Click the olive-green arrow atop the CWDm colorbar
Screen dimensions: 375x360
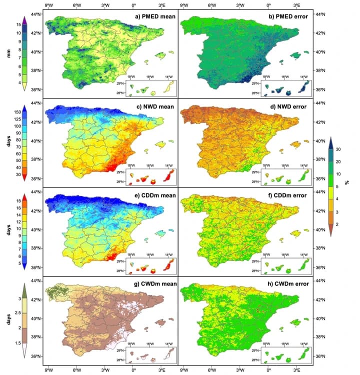click(x=25, y=288)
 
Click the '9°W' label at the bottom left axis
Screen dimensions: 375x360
click(x=48, y=370)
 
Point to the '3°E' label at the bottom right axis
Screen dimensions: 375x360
click(x=297, y=370)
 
